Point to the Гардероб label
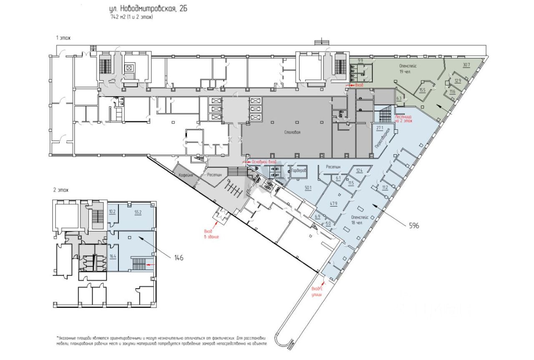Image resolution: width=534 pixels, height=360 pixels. click(x=299, y=171)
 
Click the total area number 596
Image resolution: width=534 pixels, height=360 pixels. click(x=414, y=225)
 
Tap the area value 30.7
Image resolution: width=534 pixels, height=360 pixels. click(x=466, y=65)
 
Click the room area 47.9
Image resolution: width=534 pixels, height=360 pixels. click(x=333, y=204)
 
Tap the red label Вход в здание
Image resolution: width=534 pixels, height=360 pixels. click(x=211, y=234)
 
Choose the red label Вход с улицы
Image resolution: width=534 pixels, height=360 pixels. click(x=317, y=292)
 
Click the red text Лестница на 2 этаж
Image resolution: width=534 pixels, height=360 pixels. click(x=403, y=119)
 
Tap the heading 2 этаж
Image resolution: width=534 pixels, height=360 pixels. click(x=60, y=190)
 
